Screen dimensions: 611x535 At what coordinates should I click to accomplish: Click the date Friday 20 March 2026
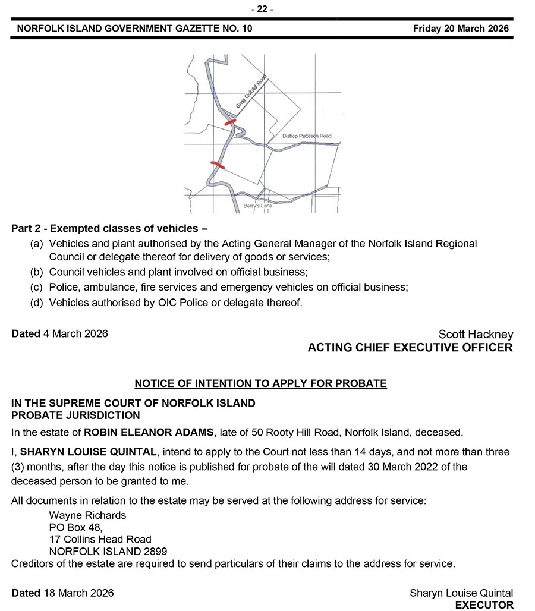[461, 29]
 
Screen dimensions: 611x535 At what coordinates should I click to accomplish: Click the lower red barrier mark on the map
[218, 165]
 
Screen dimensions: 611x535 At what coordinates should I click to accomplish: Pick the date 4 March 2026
[75, 333]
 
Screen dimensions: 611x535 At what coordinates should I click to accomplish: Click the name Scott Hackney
[476, 335]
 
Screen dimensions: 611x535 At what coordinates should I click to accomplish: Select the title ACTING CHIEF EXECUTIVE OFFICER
[410, 348]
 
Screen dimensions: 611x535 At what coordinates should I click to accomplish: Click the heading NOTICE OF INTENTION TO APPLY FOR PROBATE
[261, 383]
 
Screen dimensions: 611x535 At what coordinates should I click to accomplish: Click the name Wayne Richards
[87, 515]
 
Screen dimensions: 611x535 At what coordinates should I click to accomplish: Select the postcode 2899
[155, 552]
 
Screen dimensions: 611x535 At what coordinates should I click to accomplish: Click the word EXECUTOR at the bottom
[484, 605]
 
